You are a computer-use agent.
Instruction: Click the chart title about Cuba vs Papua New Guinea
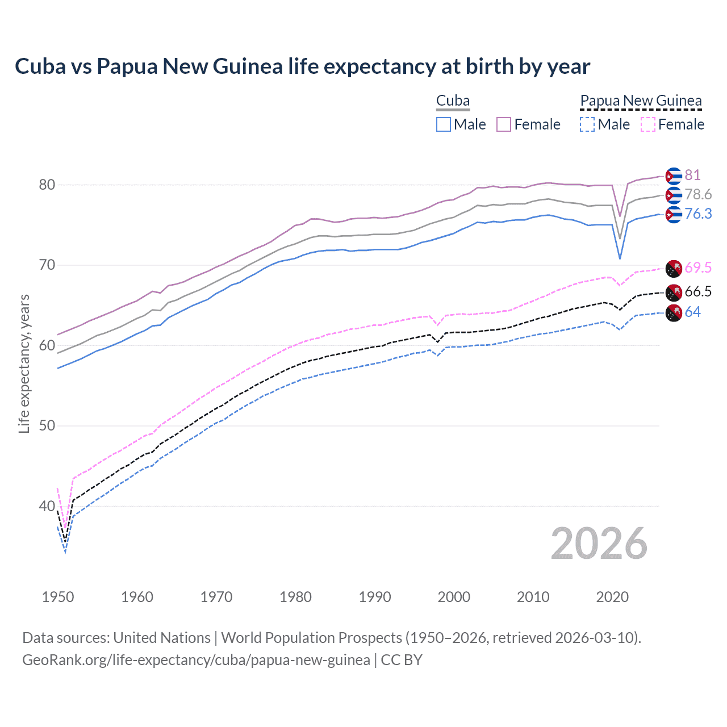click(302, 66)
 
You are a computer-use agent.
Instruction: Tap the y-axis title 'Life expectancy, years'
click(24, 363)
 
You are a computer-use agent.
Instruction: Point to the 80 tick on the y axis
click(47, 185)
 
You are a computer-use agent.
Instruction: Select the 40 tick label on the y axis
click(47, 506)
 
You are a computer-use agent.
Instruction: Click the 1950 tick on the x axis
click(58, 597)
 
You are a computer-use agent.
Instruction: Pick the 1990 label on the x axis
click(375, 597)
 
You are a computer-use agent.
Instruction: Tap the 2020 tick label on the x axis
click(612, 597)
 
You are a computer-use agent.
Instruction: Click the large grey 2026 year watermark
click(599, 544)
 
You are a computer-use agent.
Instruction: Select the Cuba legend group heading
click(453, 101)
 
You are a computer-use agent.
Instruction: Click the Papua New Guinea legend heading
click(641, 101)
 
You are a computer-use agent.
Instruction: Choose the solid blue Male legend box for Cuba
click(444, 124)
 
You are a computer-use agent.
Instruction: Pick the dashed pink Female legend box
click(648, 124)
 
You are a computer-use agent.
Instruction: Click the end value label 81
click(692, 175)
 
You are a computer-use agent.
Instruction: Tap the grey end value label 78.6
click(698, 194)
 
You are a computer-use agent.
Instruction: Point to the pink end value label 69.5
click(698, 267)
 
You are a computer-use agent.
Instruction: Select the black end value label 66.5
click(698, 292)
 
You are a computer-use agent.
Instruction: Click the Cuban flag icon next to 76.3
click(674, 214)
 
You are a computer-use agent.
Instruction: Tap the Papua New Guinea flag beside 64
click(674, 312)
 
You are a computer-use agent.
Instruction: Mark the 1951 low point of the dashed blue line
click(65, 552)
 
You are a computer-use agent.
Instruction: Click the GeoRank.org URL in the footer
click(196, 660)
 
